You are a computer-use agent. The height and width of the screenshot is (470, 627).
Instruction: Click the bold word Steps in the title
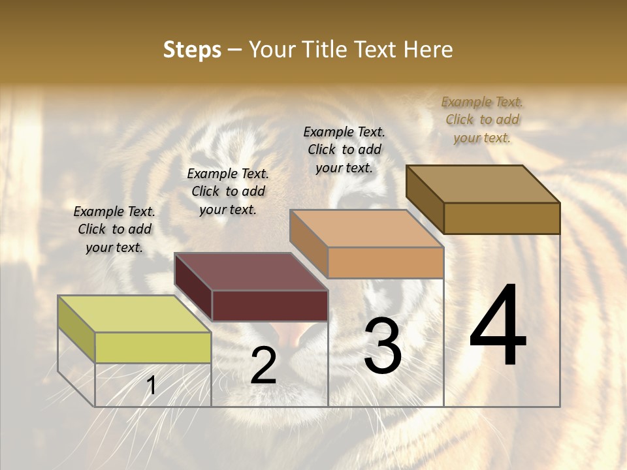(x=192, y=50)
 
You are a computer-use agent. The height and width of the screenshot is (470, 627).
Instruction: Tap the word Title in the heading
(x=324, y=50)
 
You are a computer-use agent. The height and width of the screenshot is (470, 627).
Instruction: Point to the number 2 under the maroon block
(x=263, y=366)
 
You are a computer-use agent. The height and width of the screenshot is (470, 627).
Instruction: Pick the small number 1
(x=151, y=386)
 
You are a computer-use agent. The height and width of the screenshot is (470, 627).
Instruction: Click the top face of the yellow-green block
(x=134, y=314)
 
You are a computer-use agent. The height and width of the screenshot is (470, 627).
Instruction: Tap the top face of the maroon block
(x=251, y=272)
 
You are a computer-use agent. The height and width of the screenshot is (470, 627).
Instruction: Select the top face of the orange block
(x=366, y=228)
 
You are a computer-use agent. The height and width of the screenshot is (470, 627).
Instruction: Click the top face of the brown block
(x=483, y=184)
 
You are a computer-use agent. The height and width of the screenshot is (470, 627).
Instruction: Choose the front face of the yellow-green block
(x=153, y=347)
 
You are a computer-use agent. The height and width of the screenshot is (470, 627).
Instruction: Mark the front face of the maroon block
(x=270, y=305)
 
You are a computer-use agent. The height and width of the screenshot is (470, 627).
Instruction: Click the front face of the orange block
(x=385, y=262)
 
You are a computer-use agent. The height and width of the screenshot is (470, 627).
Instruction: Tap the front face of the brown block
(x=502, y=218)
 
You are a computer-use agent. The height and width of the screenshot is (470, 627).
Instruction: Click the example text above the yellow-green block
(x=114, y=229)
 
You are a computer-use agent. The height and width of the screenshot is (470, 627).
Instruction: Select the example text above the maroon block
(x=228, y=191)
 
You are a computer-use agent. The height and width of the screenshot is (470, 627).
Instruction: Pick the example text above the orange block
(x=344, y=149)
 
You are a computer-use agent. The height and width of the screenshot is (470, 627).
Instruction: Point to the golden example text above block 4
(x=482, y=119)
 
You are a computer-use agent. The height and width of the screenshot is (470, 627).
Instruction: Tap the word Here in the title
(x=428, y=50)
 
